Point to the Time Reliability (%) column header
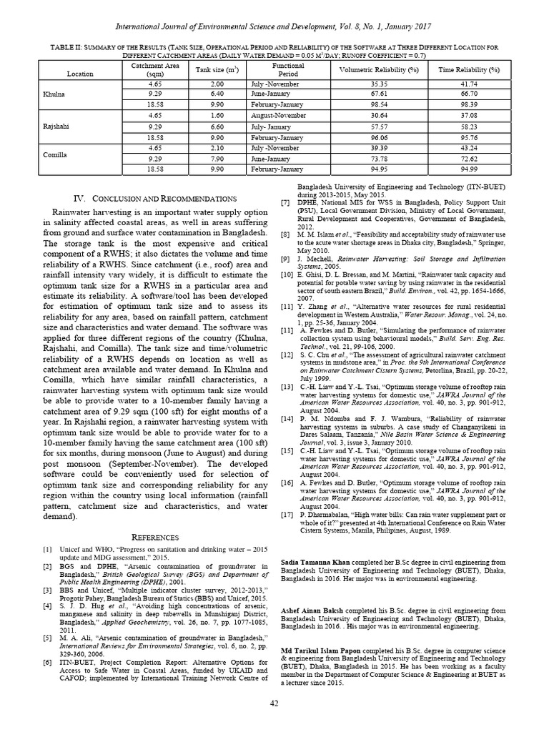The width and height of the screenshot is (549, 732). tap(469, 70)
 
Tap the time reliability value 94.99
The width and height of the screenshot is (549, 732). tap(469, 169)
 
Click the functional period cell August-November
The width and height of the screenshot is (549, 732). tap(276, 114)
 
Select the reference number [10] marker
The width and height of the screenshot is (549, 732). tap(286, 275)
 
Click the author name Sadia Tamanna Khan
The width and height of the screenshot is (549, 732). tap(315, 563)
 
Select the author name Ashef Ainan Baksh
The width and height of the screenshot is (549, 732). tap(315, 611)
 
